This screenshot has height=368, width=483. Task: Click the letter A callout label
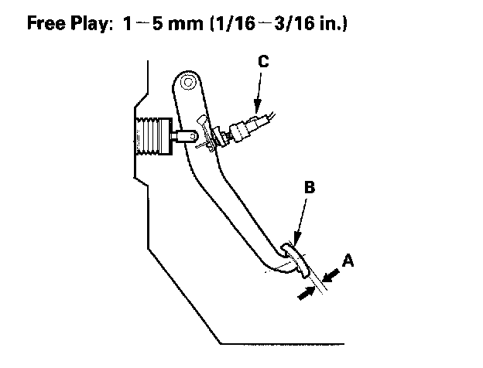348,261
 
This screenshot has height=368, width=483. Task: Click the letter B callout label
310,187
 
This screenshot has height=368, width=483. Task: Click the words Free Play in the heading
64,22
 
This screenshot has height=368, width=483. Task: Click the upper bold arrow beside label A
332,273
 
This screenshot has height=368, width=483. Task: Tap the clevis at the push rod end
186,136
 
